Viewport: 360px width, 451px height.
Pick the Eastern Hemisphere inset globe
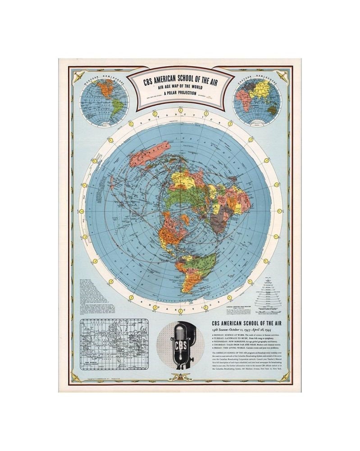pyautogui.click(x=257, y=102)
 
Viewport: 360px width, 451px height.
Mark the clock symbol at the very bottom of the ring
pyautogui.click(x=180, y=311)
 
